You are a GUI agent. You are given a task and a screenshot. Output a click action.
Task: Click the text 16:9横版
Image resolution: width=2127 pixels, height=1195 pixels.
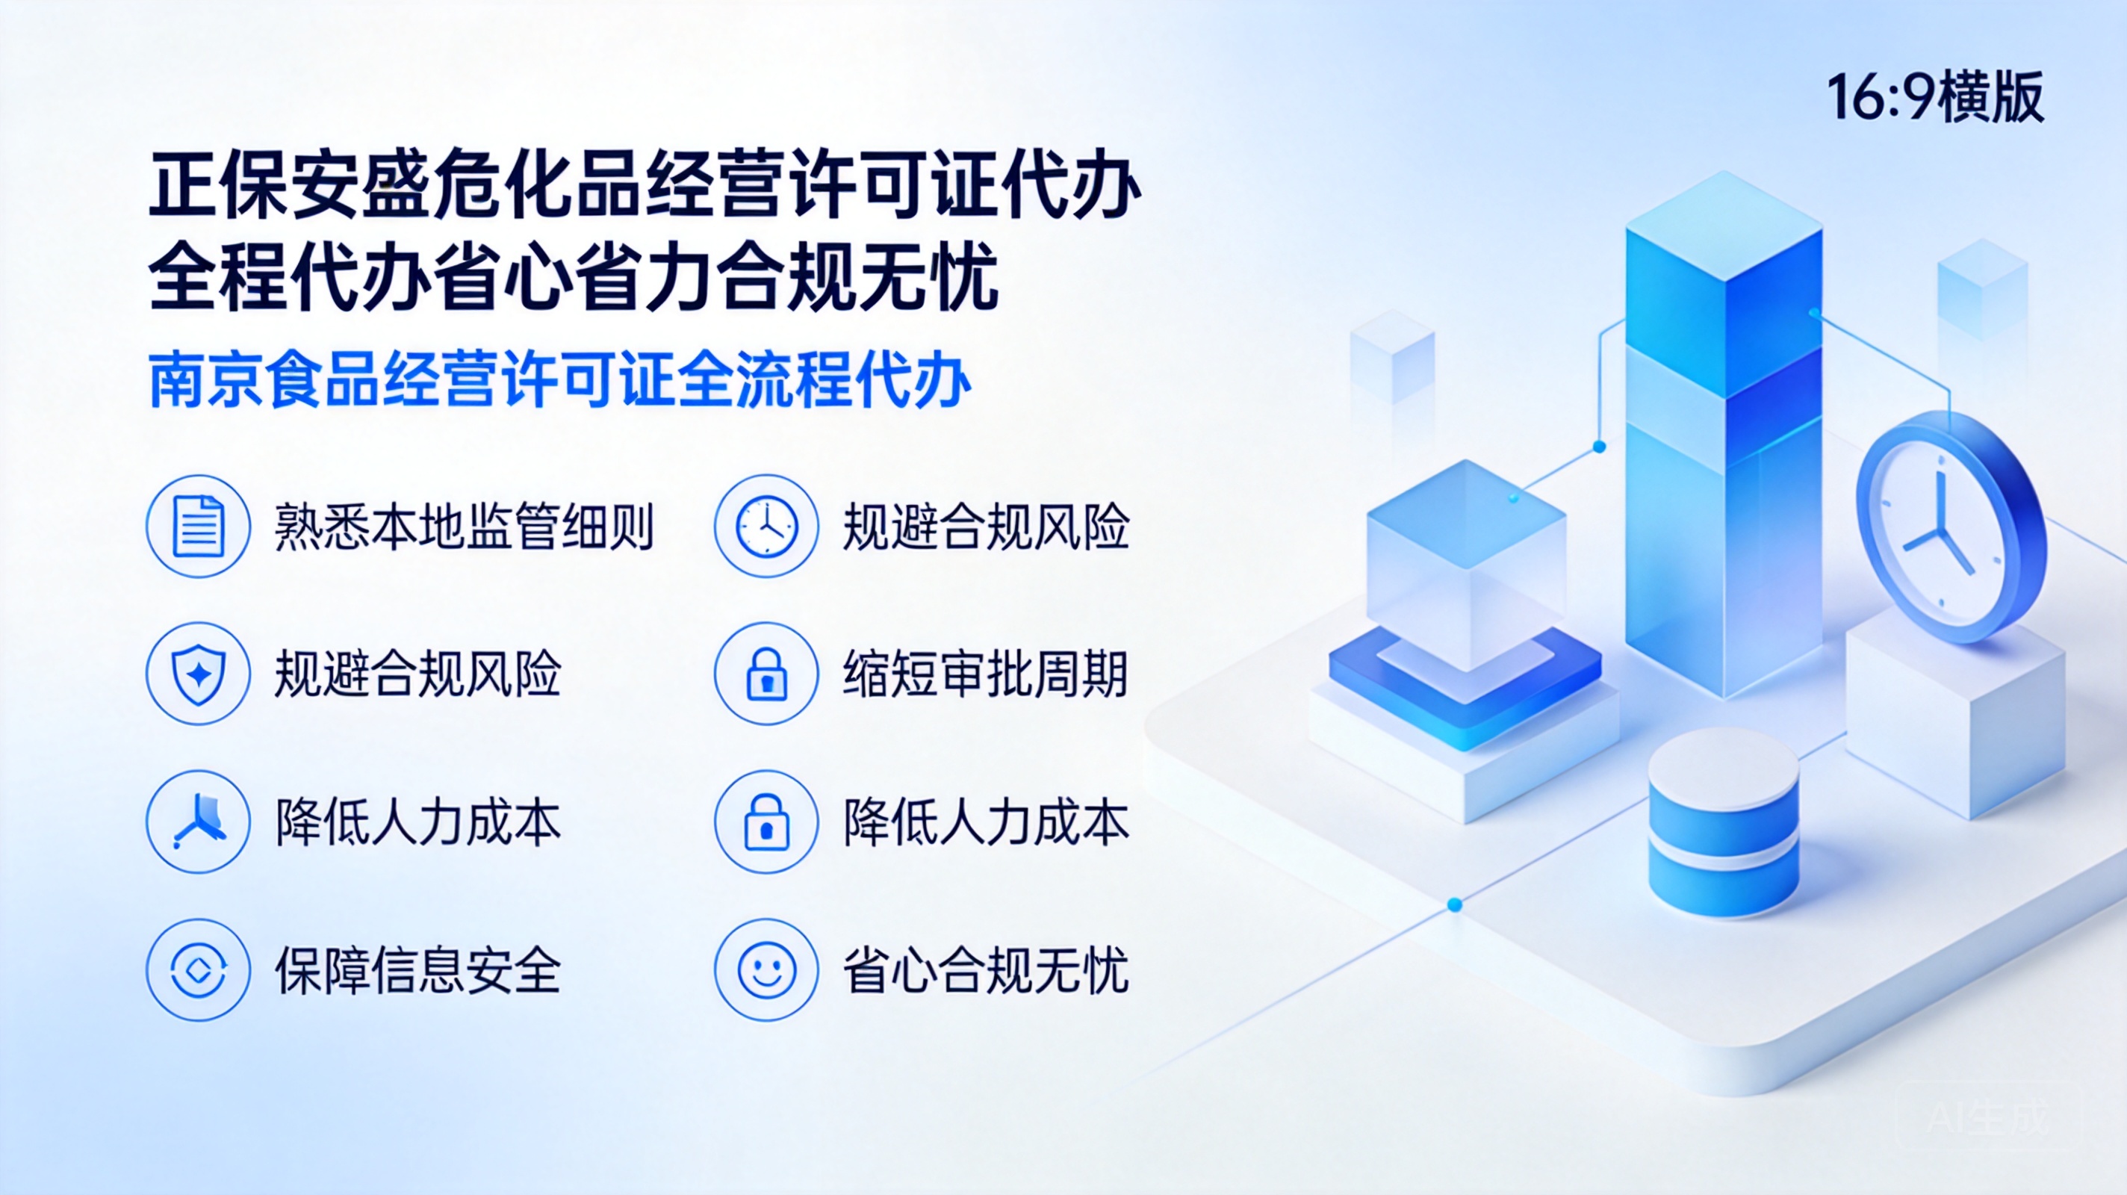tap(1934, 97)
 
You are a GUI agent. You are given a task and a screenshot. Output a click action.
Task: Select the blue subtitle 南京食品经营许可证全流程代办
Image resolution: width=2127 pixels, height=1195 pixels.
tap(560, 380)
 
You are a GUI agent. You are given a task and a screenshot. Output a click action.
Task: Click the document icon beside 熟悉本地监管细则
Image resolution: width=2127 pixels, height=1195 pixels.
tap(198, 526)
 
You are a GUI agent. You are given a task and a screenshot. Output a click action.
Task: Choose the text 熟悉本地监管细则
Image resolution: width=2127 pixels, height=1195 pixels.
tap(464, 526)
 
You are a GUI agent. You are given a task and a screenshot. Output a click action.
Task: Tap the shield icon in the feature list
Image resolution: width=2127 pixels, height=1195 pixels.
tap(198, 674)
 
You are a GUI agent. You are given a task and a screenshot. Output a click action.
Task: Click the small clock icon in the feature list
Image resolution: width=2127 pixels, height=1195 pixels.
tap(766, 526)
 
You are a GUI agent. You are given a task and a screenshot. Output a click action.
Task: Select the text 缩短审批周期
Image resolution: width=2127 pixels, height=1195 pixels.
tap(986, 674)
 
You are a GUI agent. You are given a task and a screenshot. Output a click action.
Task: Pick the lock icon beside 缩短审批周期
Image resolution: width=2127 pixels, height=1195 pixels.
tap(766, 674)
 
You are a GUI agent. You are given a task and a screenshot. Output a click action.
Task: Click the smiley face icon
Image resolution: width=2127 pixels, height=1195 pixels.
tap(766, 969)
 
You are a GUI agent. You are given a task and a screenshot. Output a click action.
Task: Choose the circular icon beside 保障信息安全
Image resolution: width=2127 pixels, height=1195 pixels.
tap(198, 969)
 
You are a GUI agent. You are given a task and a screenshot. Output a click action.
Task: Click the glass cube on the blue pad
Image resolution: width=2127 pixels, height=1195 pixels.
tap(1465, 565)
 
